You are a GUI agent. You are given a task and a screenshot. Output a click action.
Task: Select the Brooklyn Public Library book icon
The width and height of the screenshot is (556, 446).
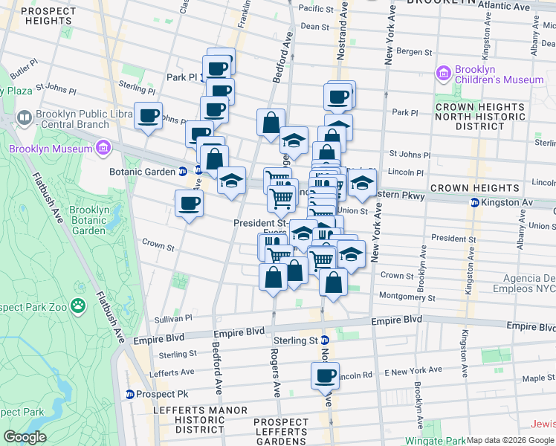pos(24,118)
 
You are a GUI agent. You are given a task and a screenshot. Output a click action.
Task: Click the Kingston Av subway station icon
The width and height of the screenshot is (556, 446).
pos(473,203)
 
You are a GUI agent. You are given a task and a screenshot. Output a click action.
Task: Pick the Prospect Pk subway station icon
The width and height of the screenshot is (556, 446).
pos(130,394)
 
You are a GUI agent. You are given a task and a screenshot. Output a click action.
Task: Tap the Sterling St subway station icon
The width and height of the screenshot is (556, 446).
pos(324,340)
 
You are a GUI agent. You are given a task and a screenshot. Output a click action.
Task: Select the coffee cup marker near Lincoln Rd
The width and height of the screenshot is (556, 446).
pos(325,375)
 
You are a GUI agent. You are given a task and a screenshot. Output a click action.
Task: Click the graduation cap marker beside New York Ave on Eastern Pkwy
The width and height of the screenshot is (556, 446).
pos(362,184)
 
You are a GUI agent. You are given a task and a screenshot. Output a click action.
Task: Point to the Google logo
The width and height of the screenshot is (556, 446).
pos(24,437)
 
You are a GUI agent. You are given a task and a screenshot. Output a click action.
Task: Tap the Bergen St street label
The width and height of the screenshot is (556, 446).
pos(414,52)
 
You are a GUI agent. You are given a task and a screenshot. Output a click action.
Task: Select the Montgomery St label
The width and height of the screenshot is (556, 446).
pos(406,297)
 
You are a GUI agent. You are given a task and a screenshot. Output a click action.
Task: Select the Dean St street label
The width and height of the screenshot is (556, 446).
pos(314,26)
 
